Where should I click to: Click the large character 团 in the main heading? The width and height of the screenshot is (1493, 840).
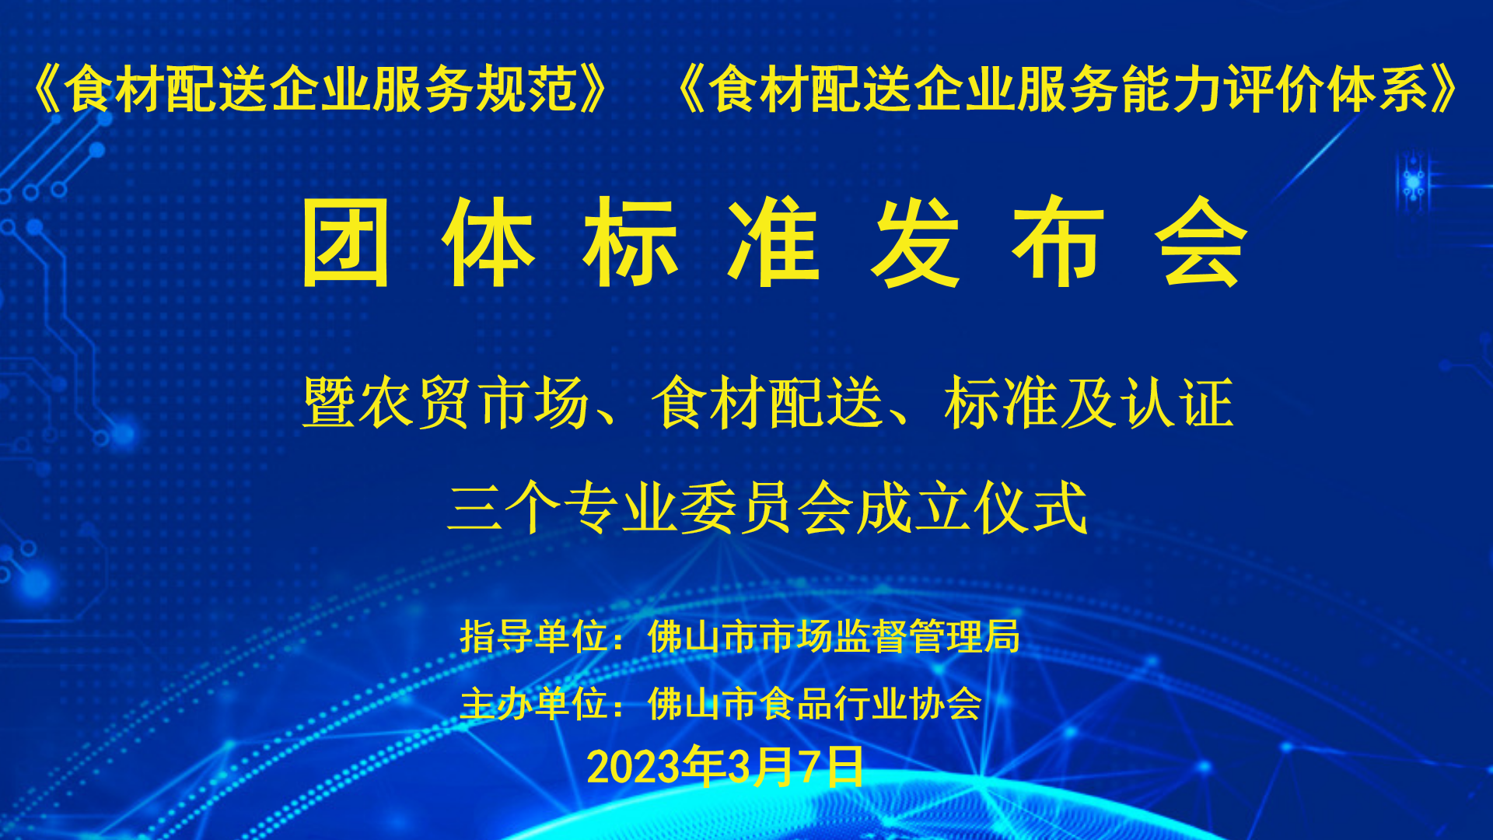(345, 242)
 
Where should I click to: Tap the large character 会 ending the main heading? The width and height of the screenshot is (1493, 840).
(1201, 242)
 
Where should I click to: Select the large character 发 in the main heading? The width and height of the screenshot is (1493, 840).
(915, 242)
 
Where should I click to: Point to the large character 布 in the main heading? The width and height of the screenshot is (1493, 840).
(1058, 242)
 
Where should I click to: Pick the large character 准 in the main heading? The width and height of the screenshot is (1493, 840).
(773, 242)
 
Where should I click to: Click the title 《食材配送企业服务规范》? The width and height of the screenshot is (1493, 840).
(319, 89)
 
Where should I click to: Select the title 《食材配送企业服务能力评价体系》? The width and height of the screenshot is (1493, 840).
(1068, 89)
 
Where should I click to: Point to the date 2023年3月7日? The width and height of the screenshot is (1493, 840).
(725, 766)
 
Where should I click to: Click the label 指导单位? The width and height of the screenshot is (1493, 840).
(533, 636)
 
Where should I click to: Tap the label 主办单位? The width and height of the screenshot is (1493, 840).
(533, 704)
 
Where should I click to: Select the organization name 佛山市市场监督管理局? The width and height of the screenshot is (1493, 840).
(834, 636)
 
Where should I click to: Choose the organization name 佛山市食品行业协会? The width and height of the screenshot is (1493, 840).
(815, 704)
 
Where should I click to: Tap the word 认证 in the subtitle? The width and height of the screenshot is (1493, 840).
(1177, 403)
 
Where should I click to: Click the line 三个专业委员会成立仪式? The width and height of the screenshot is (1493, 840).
(767, 508)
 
